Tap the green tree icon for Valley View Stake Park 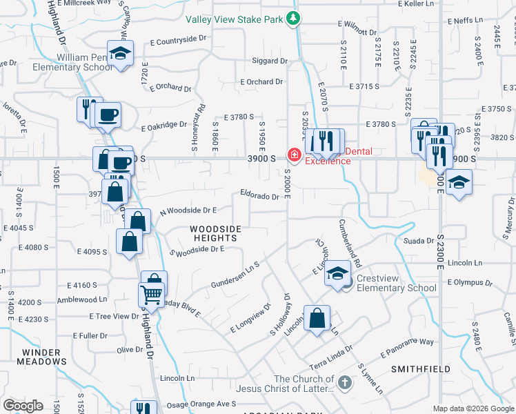(x=294, y=19)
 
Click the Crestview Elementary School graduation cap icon (x=337, y=274)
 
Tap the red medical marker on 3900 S (x=294, y=155)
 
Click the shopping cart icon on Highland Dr (x=151, y=295)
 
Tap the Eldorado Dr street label (x=259, y=196)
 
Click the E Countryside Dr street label (x=172, y=41)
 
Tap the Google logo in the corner (x=23, y=406)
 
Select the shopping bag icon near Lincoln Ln (x=317, y=318)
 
